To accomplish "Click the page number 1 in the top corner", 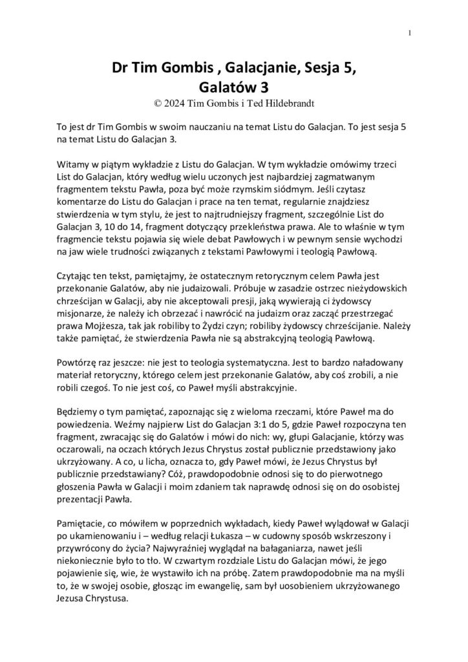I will (x=410, y=33).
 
